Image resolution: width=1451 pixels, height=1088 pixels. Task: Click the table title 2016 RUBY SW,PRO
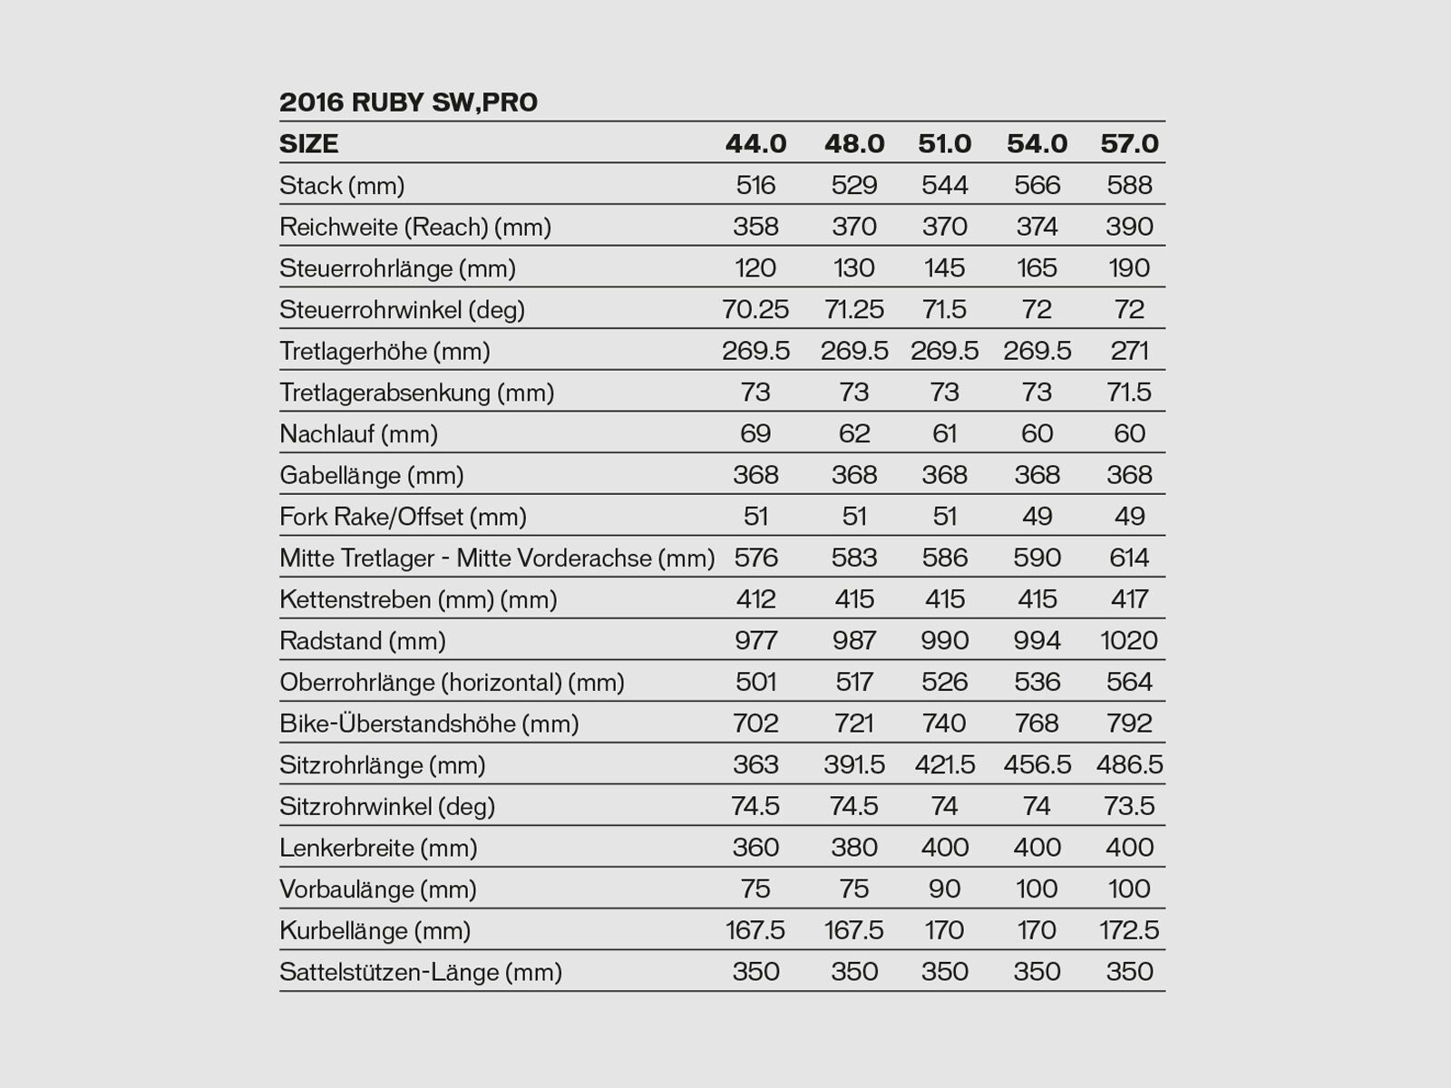(408, 102)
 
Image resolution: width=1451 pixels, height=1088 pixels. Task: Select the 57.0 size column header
(1129, 144)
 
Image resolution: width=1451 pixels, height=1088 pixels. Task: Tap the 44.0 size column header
(755, 144)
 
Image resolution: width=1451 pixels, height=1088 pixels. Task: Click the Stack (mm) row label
(342, 186)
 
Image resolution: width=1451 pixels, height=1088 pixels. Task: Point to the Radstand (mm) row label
(363, 641)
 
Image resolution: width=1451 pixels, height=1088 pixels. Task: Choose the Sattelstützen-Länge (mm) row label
(421, 972)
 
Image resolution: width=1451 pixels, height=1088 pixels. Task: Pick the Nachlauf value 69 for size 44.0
(755, 433)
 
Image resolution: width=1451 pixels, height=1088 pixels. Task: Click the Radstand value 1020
(1129, 641)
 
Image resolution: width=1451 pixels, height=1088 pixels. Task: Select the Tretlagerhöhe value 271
(1129, 351)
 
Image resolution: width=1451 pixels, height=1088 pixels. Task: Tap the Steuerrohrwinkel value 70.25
(755, 310)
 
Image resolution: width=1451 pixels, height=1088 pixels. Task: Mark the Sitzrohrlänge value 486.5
(1129, 765)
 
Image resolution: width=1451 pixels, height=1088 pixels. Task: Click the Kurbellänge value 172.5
(1129, 930)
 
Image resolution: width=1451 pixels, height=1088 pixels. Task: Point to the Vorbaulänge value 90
(945, 889)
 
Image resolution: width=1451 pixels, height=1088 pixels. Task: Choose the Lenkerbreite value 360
(755, 848)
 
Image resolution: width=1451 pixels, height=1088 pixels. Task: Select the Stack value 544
(945, 186)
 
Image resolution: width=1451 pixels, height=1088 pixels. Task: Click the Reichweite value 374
(1037, 227)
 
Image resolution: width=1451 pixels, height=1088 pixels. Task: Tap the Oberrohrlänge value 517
(854, 682)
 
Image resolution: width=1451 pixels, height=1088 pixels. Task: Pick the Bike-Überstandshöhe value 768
(1037, 724)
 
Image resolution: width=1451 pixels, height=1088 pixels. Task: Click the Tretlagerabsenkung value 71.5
(1129, 393)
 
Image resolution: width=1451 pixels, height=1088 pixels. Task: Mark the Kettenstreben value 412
(755, 599)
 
